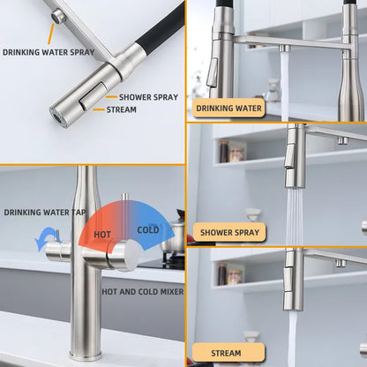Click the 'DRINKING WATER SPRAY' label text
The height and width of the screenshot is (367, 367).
(x=49, y=52)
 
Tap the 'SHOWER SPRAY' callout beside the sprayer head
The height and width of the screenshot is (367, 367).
(x=148, y=97)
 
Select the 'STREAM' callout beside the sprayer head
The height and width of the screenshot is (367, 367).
(x=122, y=109)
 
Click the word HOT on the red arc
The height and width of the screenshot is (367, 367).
(x=102, y=235)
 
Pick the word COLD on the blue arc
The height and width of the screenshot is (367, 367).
(x=148, y=229)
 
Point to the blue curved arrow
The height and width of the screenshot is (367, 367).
(x=47, y=238)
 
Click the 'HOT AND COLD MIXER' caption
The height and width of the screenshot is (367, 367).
(x=143, y=292)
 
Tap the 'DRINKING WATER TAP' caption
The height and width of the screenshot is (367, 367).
(x=45, y=213)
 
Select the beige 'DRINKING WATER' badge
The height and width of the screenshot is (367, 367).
(x=228, y=109)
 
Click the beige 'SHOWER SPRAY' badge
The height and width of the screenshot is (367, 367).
(x=229, y=232)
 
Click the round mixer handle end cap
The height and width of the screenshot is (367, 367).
(x=131, y=255)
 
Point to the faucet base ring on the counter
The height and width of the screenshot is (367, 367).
(x=86, y=355)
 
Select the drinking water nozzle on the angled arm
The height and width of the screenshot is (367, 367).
(x=58, y=16)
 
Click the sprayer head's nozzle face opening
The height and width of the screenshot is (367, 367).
(x=58, y=116)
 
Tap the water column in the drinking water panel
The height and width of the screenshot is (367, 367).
(x=284, y=86)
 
